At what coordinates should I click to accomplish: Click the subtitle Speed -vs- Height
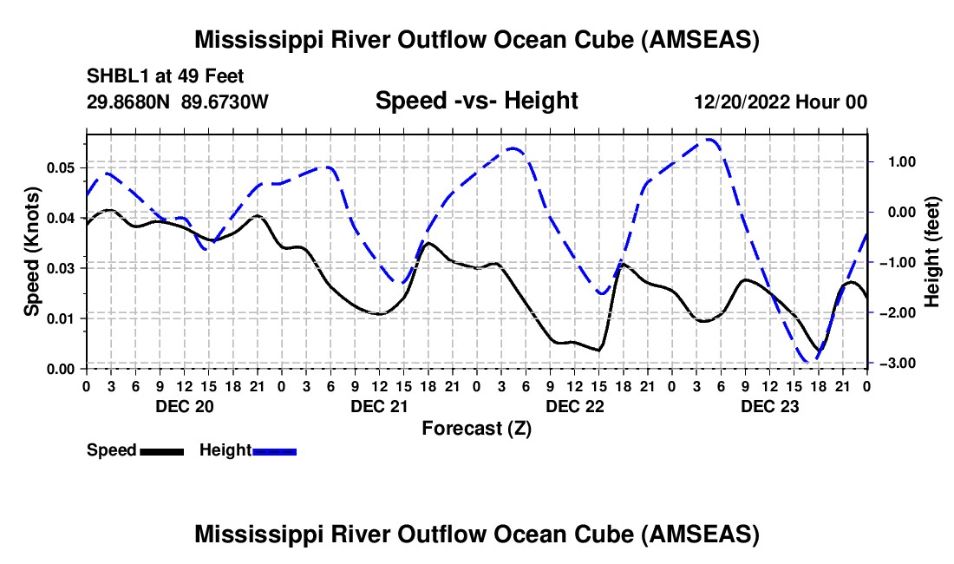pyautogui.click(x=476, y=101)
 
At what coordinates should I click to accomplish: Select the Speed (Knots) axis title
pyautogui.click(x=32, y=251)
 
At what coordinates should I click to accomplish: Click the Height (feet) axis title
pyautogui.click(x=931, y=251)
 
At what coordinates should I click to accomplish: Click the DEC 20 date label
pyautogui.click(x=184, y=406)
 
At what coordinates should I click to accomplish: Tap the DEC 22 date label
pyautogui.click(x=574, y=406)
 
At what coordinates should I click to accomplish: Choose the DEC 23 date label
pyautogui.click(x=769, y=406)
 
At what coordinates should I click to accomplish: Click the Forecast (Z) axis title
pyautogui.click(x=476, y=428)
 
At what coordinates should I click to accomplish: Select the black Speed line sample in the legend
pyautogui.click(x=162, y=450)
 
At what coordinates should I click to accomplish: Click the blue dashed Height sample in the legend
pyautogui.click(x=274, y=450)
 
